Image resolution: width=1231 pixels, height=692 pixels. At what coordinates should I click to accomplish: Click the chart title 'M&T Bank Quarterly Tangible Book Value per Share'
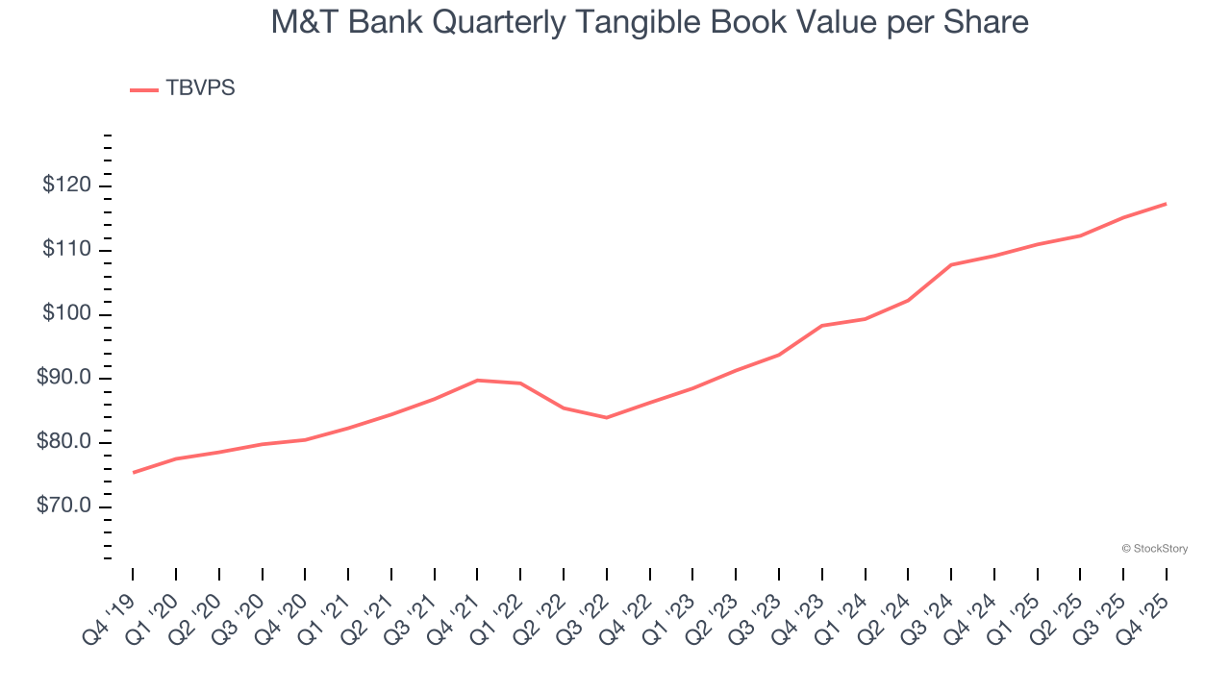click(649, 22)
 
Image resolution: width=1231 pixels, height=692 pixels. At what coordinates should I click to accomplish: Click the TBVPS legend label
click(200, 88)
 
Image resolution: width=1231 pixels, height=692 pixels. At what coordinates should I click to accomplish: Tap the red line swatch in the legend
click(144, 89)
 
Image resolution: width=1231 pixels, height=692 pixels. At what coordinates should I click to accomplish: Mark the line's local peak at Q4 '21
click(477, 380)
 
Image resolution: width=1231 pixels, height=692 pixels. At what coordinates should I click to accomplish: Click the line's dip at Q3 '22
click(606, 417)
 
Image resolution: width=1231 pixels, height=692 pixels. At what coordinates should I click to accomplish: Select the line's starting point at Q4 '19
click(133, 472)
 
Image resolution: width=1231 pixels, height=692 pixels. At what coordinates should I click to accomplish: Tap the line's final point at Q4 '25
click(1166, 204)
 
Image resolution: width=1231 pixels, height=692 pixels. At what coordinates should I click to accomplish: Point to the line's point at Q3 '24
click(950, 264)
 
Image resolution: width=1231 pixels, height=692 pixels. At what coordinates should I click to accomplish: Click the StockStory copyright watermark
click(1154, 549)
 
